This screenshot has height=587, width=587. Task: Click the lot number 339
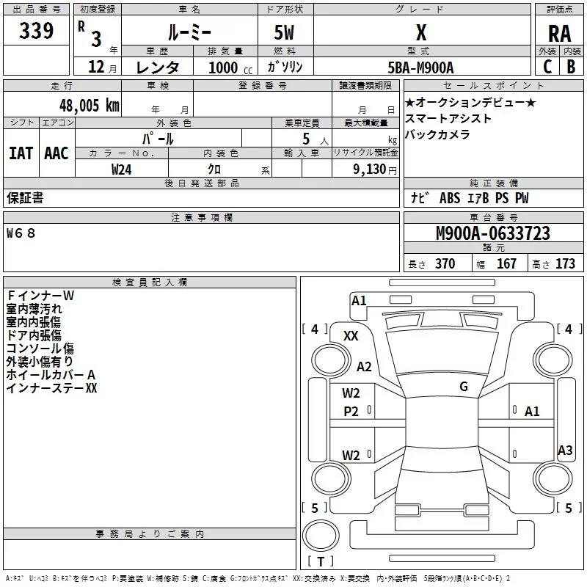point(36,31)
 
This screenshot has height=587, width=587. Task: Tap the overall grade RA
point(559,34)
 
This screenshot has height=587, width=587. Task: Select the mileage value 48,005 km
point(90,106)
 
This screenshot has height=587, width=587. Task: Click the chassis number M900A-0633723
point(493,233)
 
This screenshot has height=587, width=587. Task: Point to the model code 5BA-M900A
point(420,68)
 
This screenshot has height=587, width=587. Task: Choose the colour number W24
point(121,169)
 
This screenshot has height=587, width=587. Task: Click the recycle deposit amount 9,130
point(370,169)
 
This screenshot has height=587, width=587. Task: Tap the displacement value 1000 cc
point(230,68)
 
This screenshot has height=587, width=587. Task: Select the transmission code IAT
point(21,153)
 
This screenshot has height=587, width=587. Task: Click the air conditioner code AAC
point(56,153)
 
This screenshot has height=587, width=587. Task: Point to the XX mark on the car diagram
point(351,336)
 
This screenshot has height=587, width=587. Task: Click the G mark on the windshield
point(464,387)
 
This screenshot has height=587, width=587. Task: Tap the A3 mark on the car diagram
point(565,450)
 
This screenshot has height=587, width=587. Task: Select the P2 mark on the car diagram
point(351,412)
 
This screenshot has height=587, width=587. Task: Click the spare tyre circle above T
point(321,536)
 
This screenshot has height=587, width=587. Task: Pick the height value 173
point(565,263)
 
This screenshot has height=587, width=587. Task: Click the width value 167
point(506,263)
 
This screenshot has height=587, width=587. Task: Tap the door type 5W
point(284,32)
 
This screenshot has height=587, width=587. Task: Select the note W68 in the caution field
point(21,233)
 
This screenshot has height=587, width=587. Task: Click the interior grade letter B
point(571,67)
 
